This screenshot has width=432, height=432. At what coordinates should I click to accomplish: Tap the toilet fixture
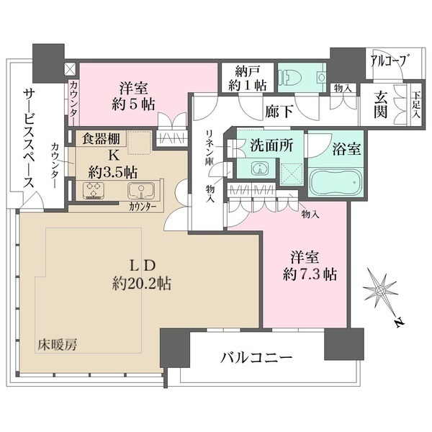294,78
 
